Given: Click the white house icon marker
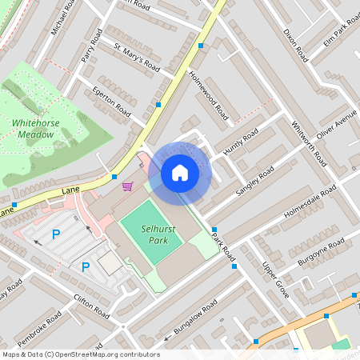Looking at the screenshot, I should coord(179,173).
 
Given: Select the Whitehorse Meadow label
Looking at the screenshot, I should coord(34,129).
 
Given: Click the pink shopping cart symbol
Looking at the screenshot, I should coord(127,186).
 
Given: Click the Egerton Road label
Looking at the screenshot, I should coord(111,99).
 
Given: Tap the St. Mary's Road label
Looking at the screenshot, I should coord(137,58).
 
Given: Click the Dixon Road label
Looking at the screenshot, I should coord(295,45).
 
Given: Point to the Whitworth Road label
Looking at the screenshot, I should coord(308,143).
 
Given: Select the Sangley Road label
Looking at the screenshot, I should coord(255,182).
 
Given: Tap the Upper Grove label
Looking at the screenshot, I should coord(276,281).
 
